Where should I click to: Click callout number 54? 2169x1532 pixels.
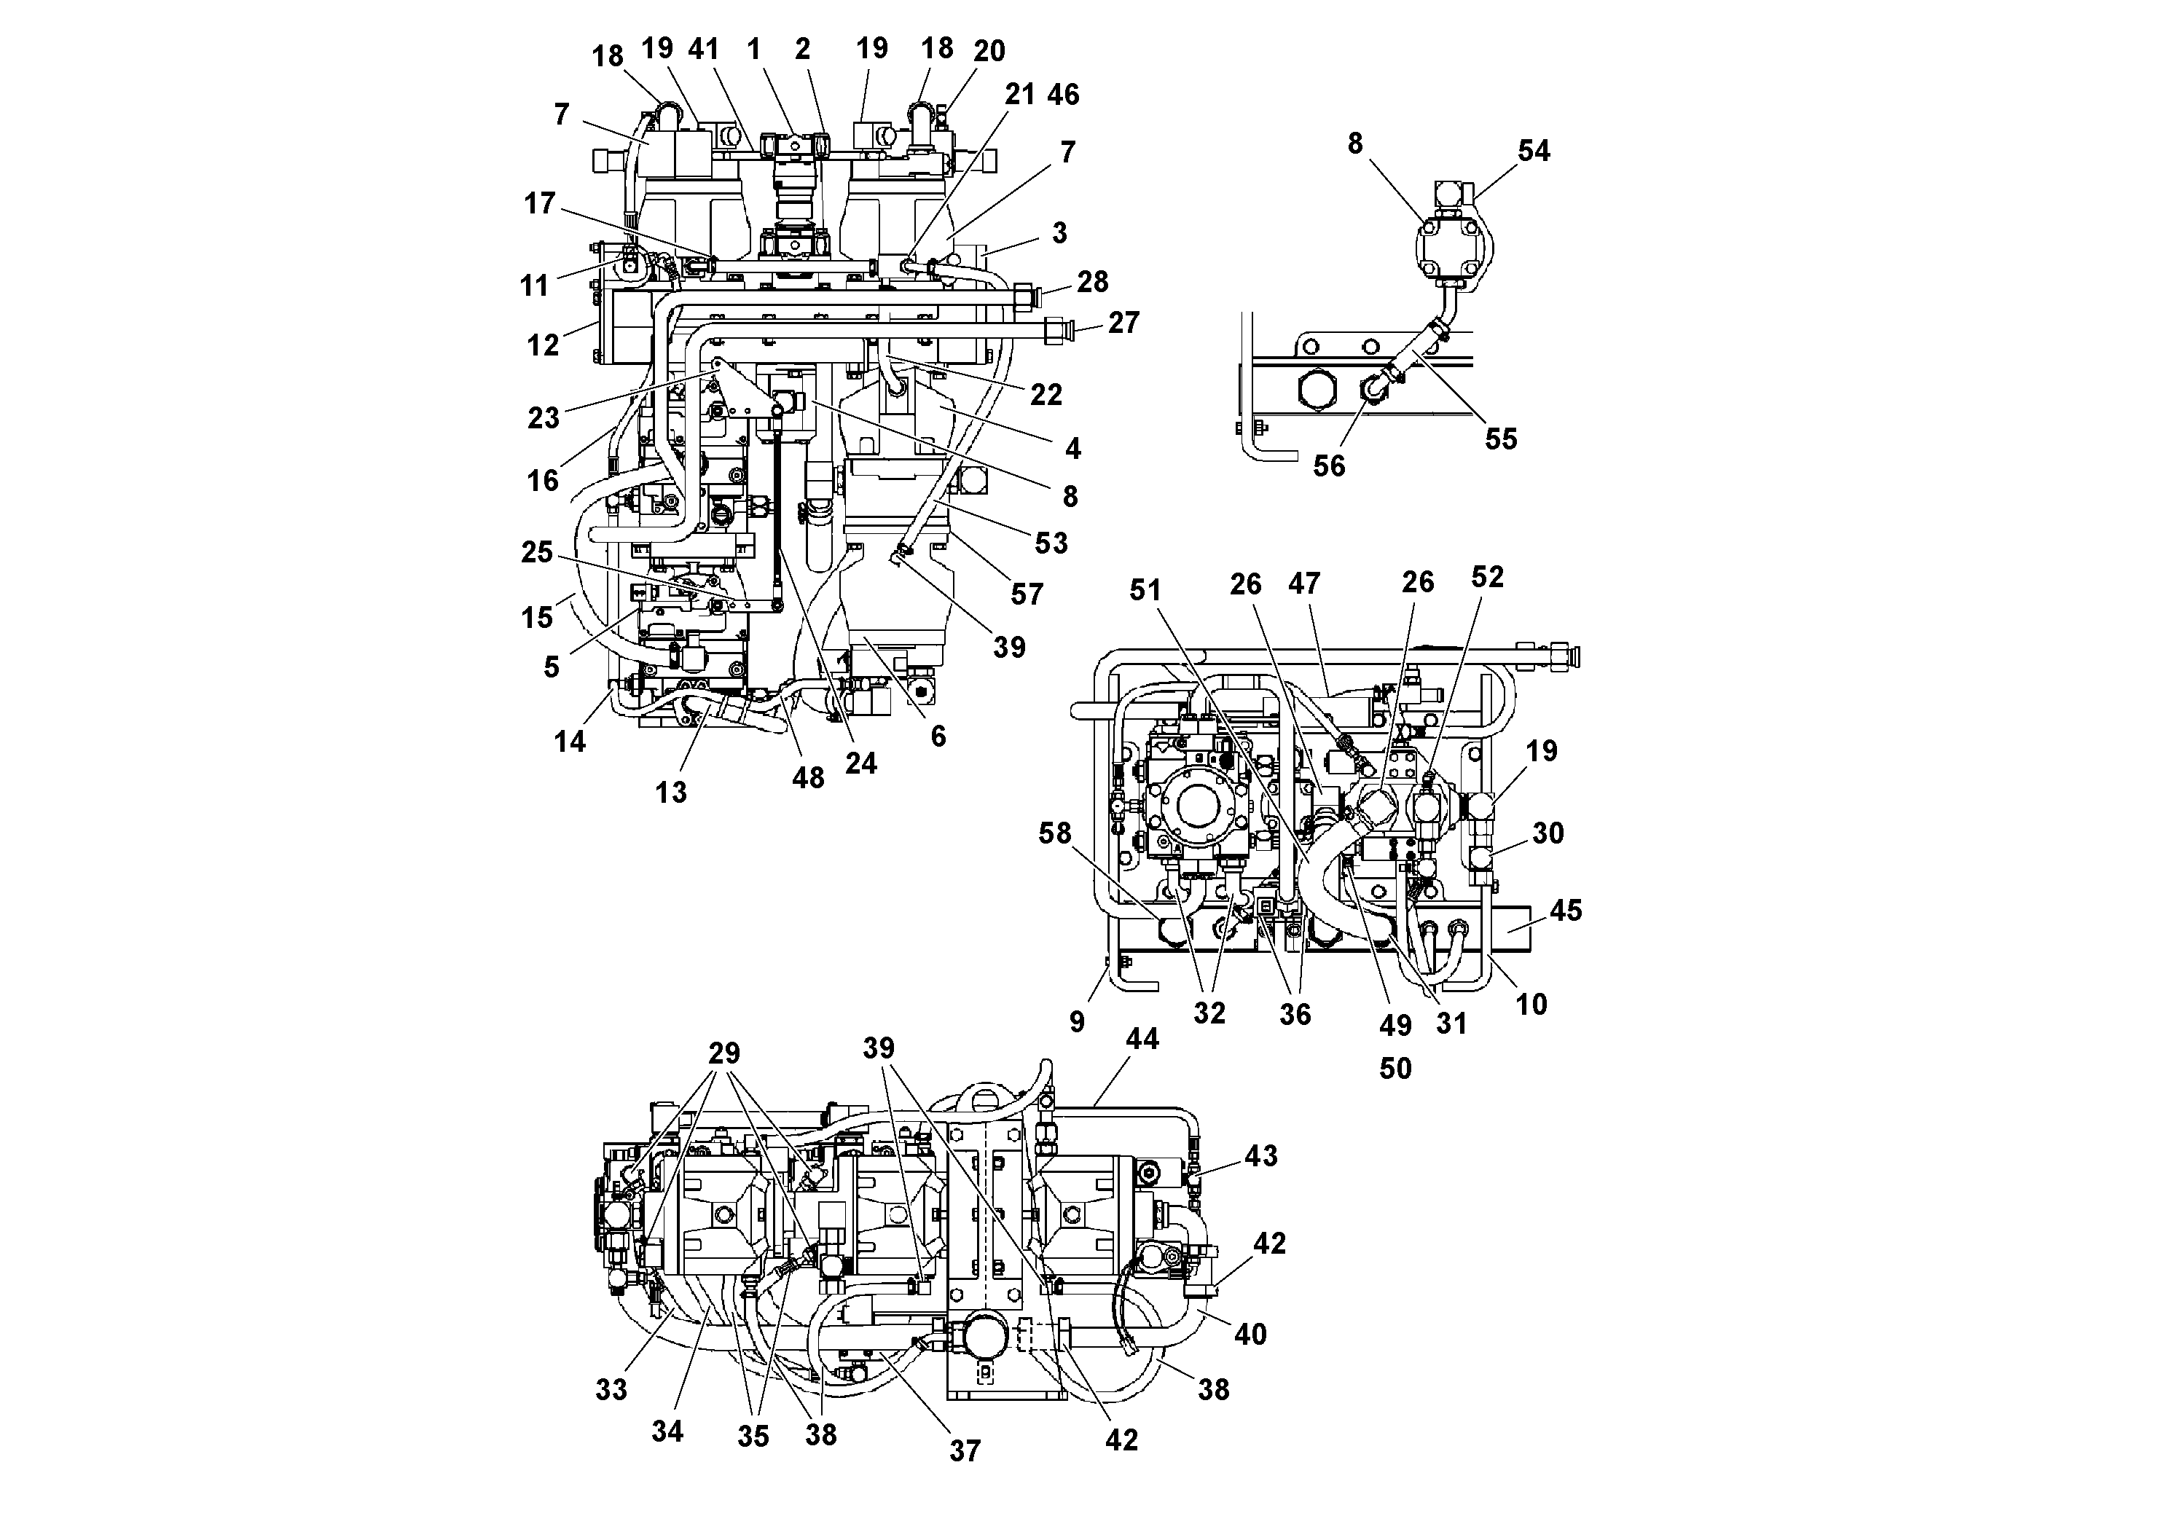coord(1533,151)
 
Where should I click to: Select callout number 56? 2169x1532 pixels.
coord(1328,466)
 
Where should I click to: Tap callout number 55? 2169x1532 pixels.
coord(1500,439)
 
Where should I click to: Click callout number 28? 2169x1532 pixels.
coord(1092,281)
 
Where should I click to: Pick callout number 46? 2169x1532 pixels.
coord(1063,95)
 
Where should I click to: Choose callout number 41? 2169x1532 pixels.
coord(704,49)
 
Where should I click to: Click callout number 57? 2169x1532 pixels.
coord(1026,594)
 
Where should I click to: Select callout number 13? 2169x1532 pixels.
coord(671,792)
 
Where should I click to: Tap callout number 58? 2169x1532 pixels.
coord(1055,833)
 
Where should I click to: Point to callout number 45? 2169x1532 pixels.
coord(1565,911)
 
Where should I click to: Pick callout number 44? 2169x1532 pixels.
coord(1142,1039)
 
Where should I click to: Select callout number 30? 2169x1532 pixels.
coord(1548,833)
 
